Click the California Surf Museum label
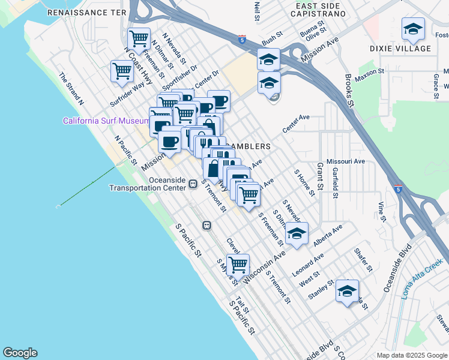click(106, 121)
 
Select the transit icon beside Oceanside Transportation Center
click(193, 184)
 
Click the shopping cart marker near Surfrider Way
click(122, 71)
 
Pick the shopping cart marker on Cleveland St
click(238, 264)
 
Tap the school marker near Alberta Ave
click(296, 233)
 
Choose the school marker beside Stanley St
click(347, 291)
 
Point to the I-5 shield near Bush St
click(241, 39)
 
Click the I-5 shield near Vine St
click(399, 188)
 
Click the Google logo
click(20, 353)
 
